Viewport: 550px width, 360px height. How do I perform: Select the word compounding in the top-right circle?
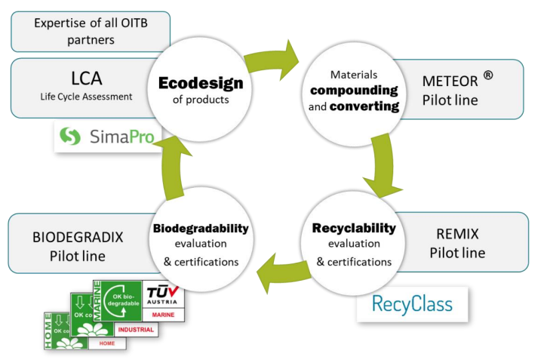pyautogui.click(x=354, y=90)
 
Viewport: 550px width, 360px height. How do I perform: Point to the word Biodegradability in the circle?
pyautogui.click(x=201, y=228)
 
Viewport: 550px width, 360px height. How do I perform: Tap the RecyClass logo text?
pyautogui.click(x=412, y=304)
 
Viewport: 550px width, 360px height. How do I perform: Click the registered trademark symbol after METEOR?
pyautogui.click(x=488, y=74)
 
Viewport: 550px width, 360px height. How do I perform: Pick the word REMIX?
pyautogui.click(x=457, y=235)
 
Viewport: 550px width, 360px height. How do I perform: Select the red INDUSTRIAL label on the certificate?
pyautogui.click(x=136, y=329)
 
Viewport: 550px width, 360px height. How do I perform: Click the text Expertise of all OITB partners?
pyautogui.click(x=91, y=30)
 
